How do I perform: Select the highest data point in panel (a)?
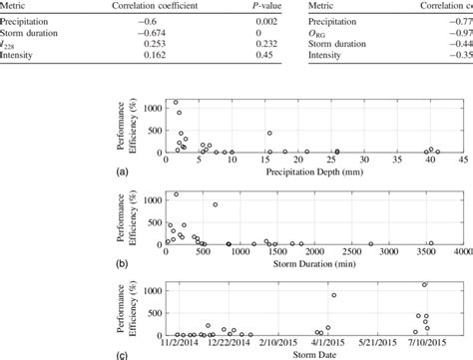click(177, 103)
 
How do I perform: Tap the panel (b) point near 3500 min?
click(431, 243)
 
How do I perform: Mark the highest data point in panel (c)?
click(424, 285)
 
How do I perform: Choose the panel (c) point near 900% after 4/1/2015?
click(334, 295)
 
